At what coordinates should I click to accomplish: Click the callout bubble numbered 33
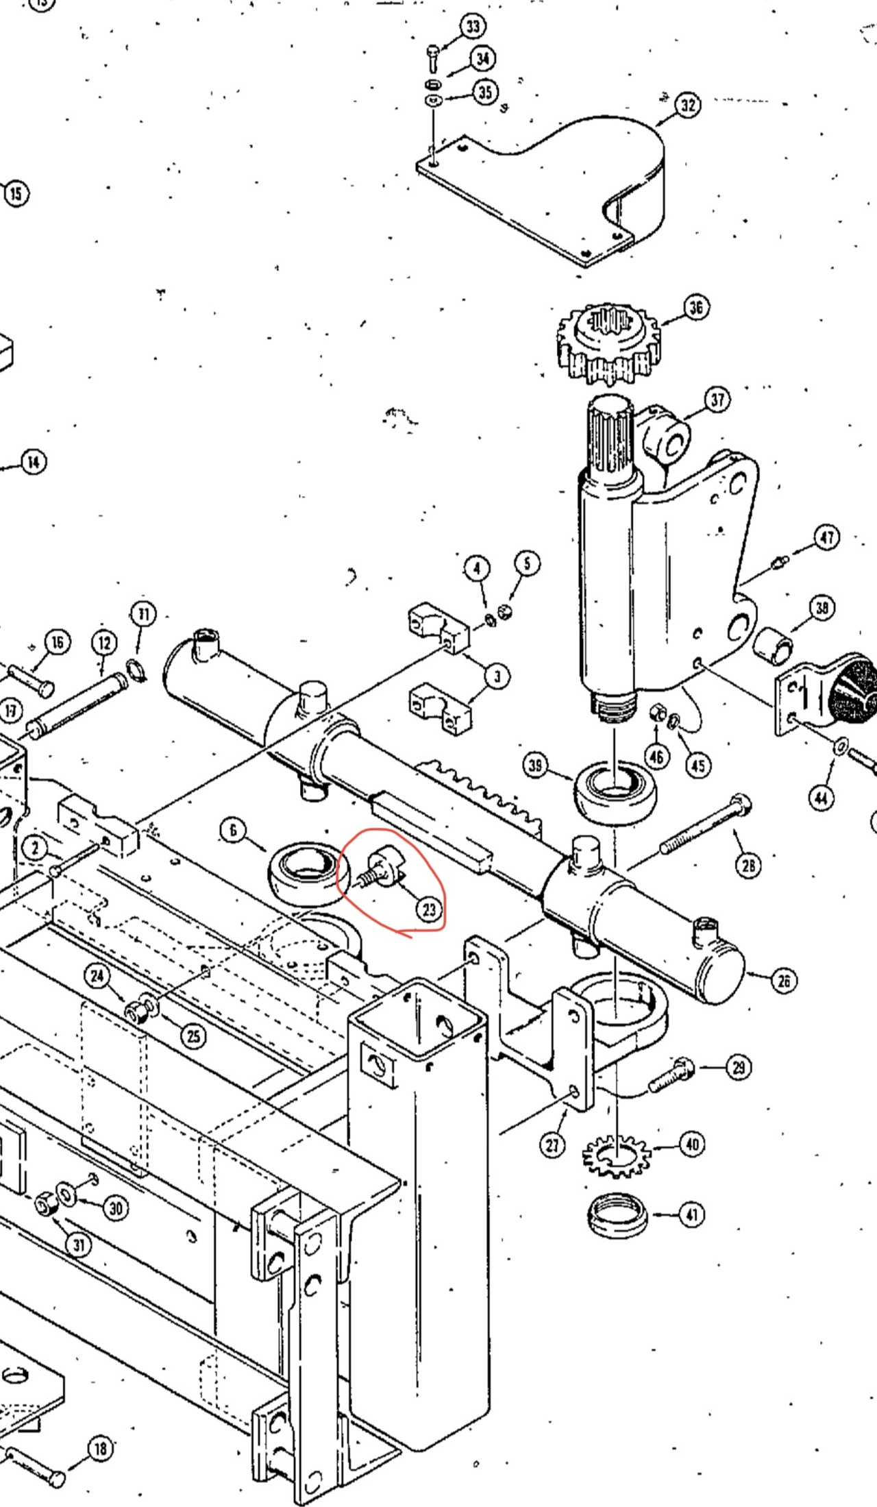(473, 27)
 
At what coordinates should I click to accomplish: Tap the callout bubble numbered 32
(688, 105)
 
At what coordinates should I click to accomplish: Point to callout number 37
(717, 400)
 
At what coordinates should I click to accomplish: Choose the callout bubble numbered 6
(233, 831)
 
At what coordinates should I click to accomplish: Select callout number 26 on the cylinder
(784, 981)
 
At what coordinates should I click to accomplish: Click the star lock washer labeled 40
(617, 1156)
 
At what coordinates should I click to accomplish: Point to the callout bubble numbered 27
(552, 1144)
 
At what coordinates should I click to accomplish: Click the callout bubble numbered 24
(98, 976)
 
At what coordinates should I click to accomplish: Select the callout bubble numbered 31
(78, 1244)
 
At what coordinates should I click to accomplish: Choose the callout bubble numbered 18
(101, 1448)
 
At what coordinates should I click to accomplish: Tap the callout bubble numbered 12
(104, 643)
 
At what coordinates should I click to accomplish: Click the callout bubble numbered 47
(827, 537)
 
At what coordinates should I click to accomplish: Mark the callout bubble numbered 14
(34, 463)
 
